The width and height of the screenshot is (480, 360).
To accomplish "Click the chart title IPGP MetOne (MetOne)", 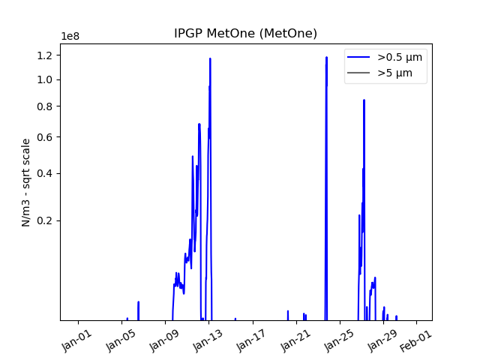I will (x=245, y=34).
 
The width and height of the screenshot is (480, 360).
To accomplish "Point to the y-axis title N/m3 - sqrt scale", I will (x=26, y=182).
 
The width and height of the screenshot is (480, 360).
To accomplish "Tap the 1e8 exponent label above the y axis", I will (x=71, y=37).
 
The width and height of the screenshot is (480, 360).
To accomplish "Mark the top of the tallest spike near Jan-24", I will (x=326, y=57).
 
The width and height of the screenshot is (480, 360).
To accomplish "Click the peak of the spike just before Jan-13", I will (x=210, y=58).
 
